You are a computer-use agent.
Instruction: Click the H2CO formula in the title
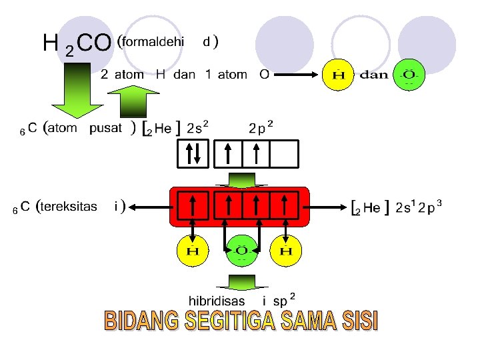pos(75,44)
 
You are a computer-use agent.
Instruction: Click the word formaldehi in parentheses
pos(153,41)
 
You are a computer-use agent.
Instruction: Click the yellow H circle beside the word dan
pos(339,75)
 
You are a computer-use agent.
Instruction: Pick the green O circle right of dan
pos(409,75)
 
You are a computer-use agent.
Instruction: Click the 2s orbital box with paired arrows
pos(193,154)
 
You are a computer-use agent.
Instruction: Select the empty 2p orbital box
pos(285,154)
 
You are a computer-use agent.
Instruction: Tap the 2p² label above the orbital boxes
pos(260,127)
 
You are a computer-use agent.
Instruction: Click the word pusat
pos(106,128)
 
